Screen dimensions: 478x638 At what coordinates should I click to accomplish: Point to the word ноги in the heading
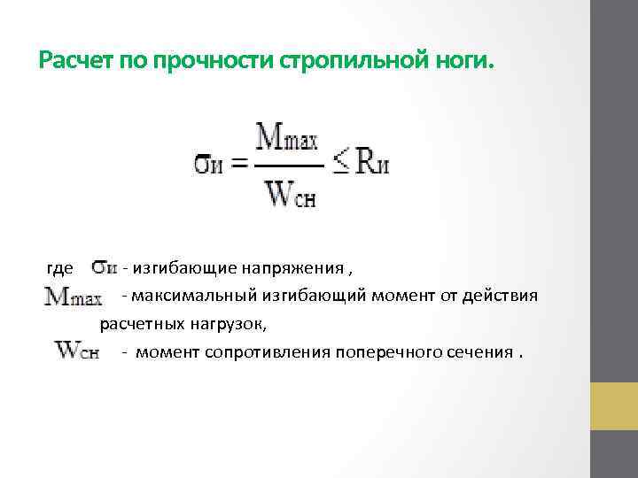(x=462, y=61)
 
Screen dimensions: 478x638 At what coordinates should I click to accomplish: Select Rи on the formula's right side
(x=372, y=165)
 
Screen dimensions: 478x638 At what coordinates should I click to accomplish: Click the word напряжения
(x=292, y=267)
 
